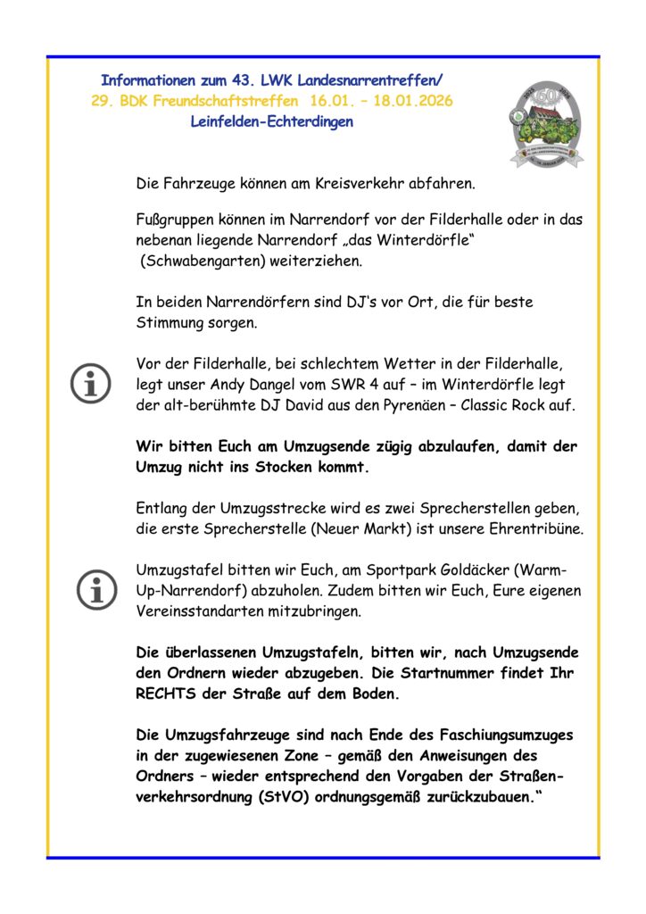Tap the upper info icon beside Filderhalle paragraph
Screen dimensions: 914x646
[x=92, y=384]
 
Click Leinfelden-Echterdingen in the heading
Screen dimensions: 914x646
[x=272, y=121]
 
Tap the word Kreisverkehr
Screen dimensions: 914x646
[x=372, y=184]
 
